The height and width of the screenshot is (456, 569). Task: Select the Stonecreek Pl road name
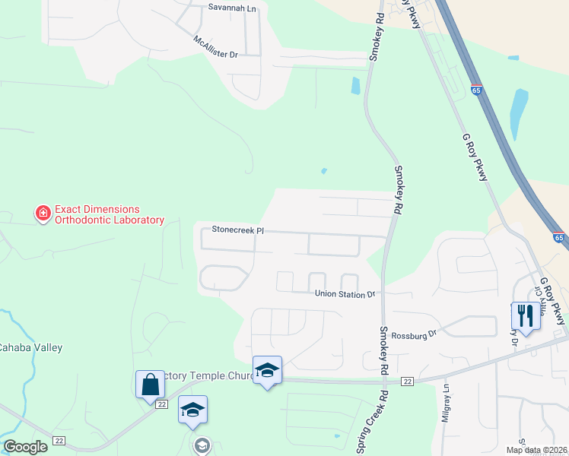coord(237,230)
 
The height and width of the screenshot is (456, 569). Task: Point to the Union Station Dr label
coord(345,293)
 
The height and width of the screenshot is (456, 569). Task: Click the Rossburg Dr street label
coord(418,333)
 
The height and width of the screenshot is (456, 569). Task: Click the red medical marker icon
coord(43,214)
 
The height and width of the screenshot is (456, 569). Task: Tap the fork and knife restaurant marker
coord(526,315)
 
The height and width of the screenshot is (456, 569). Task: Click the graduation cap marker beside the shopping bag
coord(193,410)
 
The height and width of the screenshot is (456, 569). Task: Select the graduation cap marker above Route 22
coord(267,370)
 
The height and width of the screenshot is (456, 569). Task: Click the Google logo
coord(25,447)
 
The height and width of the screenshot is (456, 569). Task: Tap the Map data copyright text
coord(536,450)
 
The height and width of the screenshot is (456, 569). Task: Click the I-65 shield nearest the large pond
coord(476,90)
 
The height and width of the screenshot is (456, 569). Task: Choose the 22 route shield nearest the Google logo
coord(59,440)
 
